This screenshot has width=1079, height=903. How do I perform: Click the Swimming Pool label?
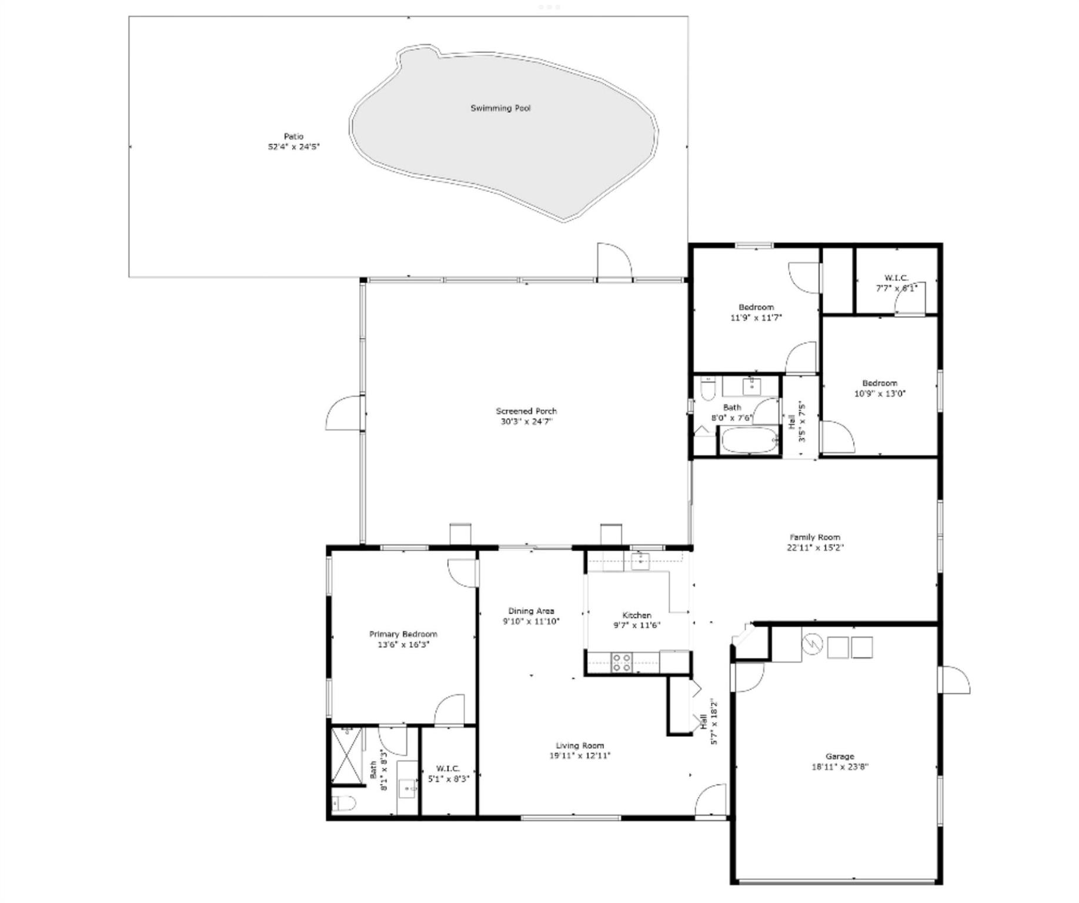click(500, 108)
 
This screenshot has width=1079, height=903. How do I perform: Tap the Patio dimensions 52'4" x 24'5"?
click(293, 147)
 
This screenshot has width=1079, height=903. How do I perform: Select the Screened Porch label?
click(526, 411)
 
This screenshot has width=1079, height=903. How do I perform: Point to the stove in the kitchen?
click(622, 662)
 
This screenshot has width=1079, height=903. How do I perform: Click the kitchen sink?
click(640, 560)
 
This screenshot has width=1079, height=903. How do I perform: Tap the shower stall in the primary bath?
click(347, 756)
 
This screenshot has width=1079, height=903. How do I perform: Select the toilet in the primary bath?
click(343, 802)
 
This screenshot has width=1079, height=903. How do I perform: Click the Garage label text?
click(839, 756)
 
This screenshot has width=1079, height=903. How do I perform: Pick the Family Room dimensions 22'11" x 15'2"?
click(814, 548)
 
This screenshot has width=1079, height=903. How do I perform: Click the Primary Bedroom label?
click(403, 634)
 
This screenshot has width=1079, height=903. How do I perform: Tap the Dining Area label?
click(531, 611)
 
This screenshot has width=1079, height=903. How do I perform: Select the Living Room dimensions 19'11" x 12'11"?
click(580, 756)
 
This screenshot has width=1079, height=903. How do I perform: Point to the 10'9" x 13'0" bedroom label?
click(880, 389)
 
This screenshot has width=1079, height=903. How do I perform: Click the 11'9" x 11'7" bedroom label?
click(756, 312)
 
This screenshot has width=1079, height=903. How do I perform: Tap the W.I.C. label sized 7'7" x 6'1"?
click(896, 283)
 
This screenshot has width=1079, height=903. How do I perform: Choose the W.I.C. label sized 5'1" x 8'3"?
click(448, 774)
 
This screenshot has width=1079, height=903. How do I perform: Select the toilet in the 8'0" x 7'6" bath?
click(707, 389)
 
